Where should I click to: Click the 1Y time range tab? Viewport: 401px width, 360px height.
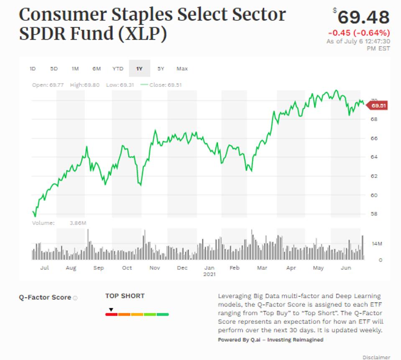click(x=139, y=68)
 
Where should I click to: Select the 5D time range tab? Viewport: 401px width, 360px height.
click(x=54, y=68)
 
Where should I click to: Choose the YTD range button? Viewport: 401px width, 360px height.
click(x=118, y=68)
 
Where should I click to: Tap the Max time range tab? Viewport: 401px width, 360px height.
click(x=182, y=68)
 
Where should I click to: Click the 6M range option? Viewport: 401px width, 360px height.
click(x=97, y=68)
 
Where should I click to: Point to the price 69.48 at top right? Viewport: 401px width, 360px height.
click(x=363, y=18)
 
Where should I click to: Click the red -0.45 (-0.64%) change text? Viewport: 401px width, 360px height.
click(x=359, y=33)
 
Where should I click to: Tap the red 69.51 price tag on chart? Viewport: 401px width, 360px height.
click(x=378, y=106)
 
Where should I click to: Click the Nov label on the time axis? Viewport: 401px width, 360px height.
click(x=155, y=268)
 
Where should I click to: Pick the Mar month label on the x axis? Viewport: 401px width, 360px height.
click(x=262, y=268)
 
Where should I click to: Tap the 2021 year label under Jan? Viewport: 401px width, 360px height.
click(x=209, y=274)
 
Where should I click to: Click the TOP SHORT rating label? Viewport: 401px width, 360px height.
click(x=125, y=296)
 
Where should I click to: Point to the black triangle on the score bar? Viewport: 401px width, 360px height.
click(x=111, y=309)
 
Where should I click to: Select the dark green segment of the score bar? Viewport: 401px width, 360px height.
click(x=163, y=314)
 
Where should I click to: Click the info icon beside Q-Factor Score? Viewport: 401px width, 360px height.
click(x=75, y=298)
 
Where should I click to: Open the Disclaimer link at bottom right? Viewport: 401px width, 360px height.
click(x=376, y=357)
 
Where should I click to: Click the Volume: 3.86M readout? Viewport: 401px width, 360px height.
click(x=59, y=223)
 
